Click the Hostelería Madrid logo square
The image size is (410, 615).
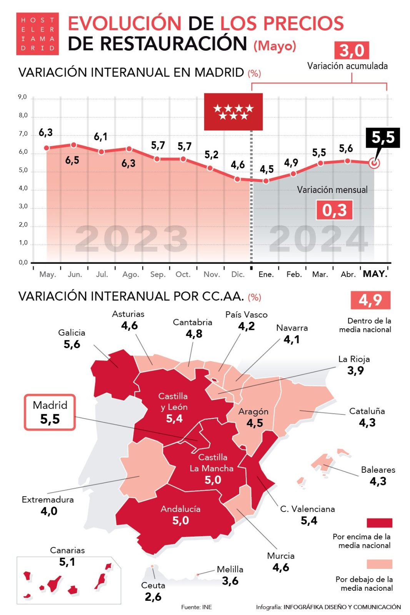click(37, 34)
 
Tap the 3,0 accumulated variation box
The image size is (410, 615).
click(352, 50)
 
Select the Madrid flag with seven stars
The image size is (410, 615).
click(233, 111)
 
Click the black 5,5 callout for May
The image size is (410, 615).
click(383, 137)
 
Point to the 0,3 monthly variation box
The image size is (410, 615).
click(334, 210)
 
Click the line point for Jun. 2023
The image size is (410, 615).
click(73, 145)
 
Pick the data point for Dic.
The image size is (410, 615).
click(238, 179)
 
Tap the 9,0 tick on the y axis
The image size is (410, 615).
click(23, 97)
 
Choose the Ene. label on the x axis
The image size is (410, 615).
click(266, 274)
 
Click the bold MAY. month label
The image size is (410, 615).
click(375, 274)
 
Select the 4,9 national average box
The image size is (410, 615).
click(370, 300)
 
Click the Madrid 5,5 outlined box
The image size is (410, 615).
click(50, 412)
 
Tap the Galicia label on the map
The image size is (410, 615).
click(72, 332)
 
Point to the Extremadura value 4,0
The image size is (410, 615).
click(49, 511)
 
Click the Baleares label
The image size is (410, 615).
click(378, 470)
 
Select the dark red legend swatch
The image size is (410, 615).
click(379, 523)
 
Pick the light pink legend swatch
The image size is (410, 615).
click(379, 564)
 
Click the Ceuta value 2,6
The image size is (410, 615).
click(153, 597)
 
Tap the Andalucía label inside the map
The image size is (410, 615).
click(180, 509)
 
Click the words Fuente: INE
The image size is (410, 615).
click(197, 607)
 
